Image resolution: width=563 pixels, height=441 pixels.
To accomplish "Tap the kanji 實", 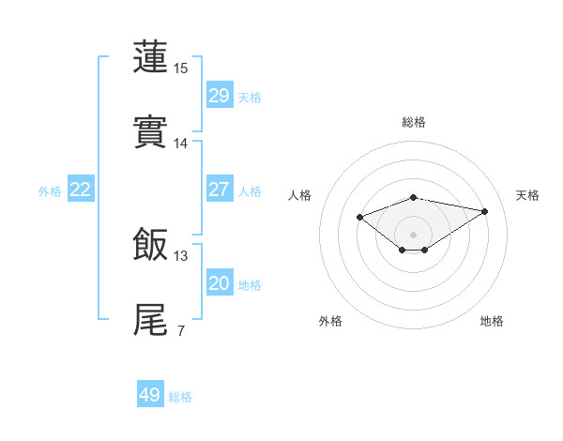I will (x=151, y=130).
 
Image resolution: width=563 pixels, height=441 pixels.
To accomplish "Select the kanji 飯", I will (x=151, y=243).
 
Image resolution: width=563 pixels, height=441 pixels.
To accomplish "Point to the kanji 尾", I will (x=151, y=318).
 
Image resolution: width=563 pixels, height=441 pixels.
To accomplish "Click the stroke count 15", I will (x=181, y=68).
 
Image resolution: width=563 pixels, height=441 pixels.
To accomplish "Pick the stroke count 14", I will (x=181, y=144).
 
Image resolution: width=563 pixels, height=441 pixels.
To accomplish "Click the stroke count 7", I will (x=180, y=331).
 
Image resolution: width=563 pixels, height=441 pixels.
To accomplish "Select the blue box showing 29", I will (x=220, y=96).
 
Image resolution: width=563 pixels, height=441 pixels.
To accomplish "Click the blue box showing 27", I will (x=220, y=190).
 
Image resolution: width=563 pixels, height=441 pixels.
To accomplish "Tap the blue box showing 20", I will (x=220, y=283).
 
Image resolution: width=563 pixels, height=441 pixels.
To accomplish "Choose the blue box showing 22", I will (x=81, y=190).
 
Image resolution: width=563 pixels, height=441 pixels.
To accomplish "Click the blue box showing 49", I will (x=150, y=395).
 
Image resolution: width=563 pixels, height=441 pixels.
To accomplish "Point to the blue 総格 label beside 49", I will (x=180, y=397).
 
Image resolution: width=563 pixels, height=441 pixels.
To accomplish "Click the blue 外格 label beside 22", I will (x=50, y=191).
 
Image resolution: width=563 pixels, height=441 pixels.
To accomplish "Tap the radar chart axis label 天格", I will (x=527, y=195).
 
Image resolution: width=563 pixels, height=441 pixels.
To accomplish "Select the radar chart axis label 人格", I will (x=300, y=195).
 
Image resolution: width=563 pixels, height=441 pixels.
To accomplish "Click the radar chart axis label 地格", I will (x=492, y=321).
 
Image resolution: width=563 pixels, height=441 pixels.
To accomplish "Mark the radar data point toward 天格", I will (x=485, y=211).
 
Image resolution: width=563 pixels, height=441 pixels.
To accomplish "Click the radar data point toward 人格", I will (x=359, y=217).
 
